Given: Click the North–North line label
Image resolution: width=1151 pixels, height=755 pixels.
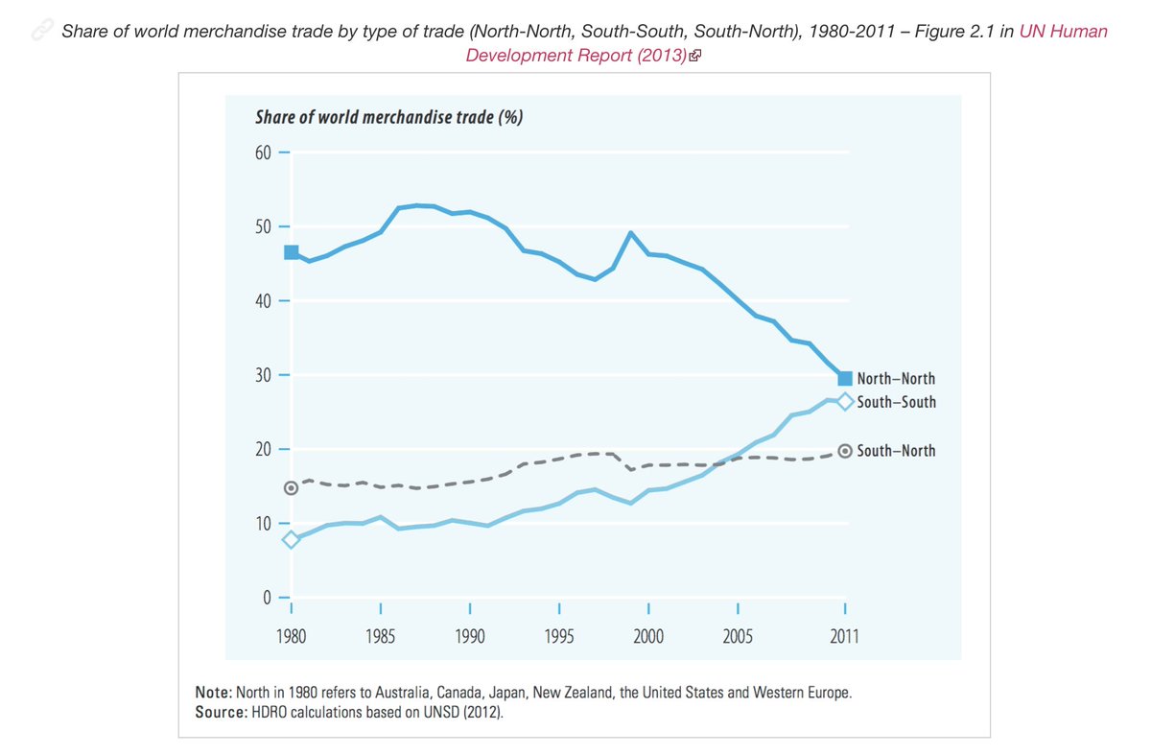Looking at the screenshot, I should [x=896, y=379].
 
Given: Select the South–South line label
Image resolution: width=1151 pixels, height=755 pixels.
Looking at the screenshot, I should [x=896, y=402].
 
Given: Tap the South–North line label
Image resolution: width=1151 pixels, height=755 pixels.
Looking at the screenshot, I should [x=896, y=451].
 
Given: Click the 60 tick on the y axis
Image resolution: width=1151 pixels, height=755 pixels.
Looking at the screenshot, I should [x=262, y=153].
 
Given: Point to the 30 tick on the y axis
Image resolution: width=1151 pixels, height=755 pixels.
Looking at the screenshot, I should [x=262, y=375].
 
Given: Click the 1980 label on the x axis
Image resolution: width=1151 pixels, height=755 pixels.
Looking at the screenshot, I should [x=291, y=636].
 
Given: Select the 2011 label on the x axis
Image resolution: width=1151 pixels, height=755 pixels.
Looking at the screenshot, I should [x=844, y=636].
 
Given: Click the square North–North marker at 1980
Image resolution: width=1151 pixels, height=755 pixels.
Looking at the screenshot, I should [x=291, y=252].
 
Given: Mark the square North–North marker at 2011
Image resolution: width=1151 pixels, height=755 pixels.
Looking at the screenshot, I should [x=845, y=378].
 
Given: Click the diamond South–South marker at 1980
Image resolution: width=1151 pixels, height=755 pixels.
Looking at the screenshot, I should [x=291, y=539].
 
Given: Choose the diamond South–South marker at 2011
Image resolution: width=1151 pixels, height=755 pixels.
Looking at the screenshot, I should [x=845, y=402].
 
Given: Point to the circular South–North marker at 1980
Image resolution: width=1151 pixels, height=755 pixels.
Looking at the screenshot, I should [x=291, y=488].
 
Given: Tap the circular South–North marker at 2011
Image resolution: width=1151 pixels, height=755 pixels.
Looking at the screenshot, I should [x=845, y=451].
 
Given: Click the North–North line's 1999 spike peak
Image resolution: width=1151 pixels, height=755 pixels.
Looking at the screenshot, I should [x=631, y=232].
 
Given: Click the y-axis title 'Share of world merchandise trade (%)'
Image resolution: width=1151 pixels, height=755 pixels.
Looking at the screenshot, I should [x=388, y=118].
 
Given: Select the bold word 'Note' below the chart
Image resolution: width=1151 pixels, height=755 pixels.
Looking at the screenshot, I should [x=211, y=692].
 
